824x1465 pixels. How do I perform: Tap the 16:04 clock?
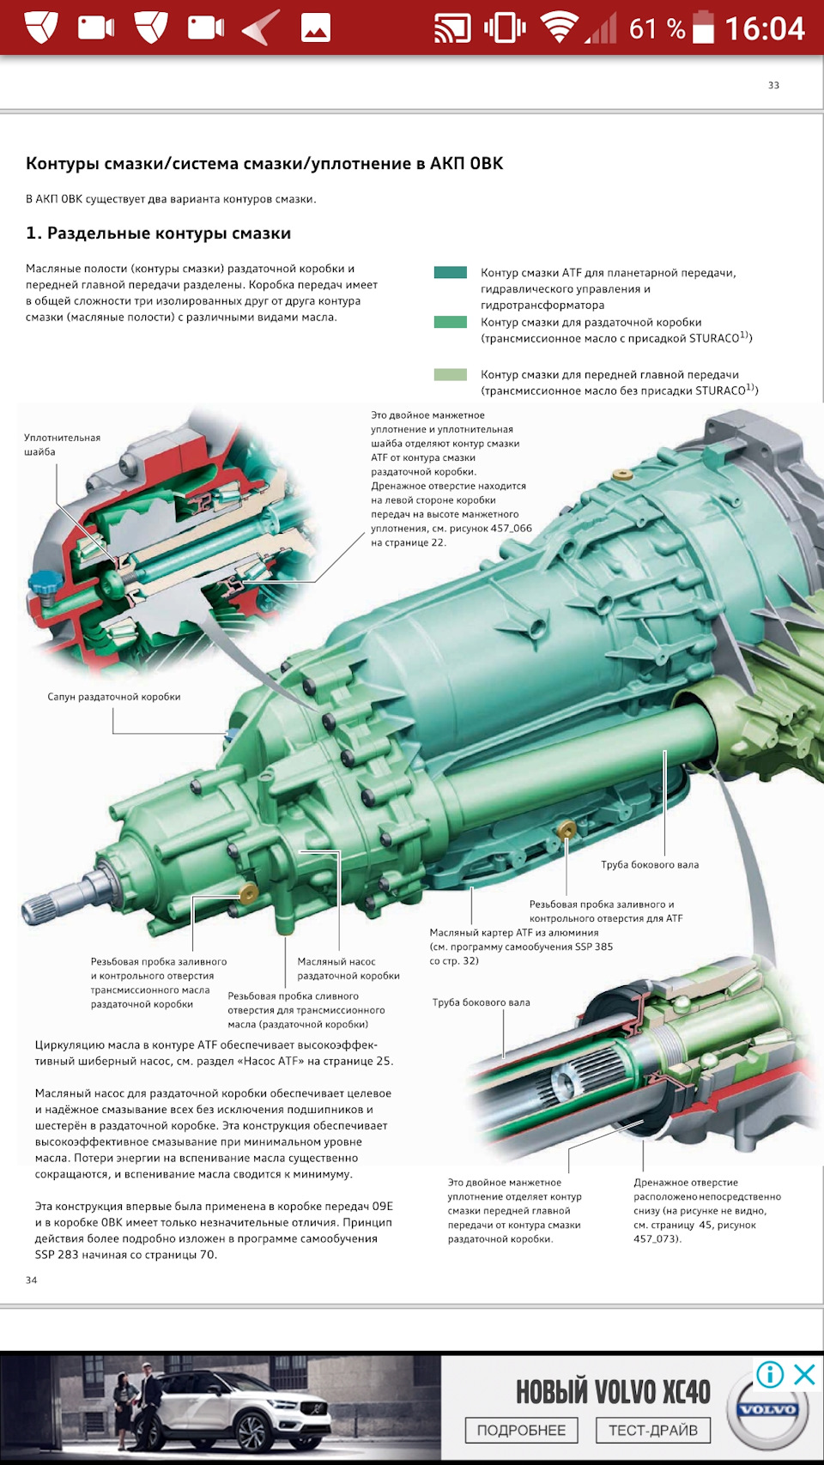tap(765, 28)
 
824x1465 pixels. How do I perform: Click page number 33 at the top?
tap(773, 85)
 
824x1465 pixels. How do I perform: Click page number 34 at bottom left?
tap(32, 1280)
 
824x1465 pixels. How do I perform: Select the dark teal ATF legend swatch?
tap(451, 273)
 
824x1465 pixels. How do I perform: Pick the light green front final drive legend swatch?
tap(451, 375)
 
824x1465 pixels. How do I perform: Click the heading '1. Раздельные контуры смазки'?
tap(158, 233)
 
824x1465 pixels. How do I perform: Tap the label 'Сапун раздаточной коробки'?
tap(114, 697)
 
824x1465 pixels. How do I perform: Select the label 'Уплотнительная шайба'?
tap(62, 445)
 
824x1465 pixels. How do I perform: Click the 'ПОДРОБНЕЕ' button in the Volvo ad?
tap(521, 1431)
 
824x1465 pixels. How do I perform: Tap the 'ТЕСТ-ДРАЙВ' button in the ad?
tap(652, 1431)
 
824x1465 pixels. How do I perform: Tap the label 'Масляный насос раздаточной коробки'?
tap(348, 969)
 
